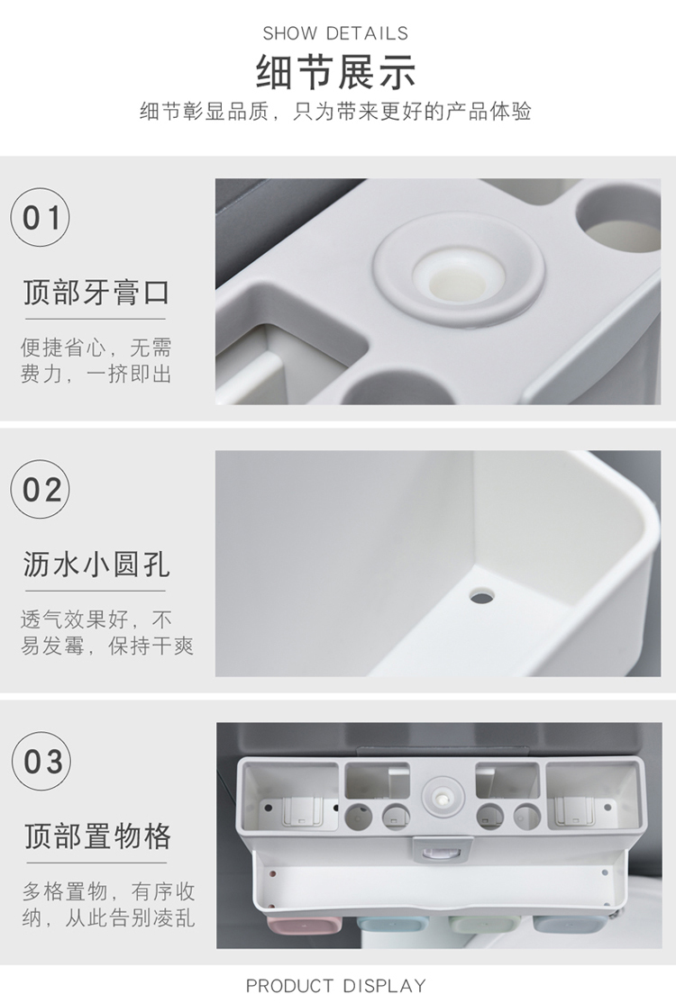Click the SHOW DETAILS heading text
coord(335,33)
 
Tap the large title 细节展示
coord(336,72)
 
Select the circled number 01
coord(41,218)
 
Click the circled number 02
coord(41,490)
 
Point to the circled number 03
coord(41,761)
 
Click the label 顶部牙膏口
coord(96,293)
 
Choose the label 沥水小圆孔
coord(96,565)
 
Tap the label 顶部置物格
coord(98,836)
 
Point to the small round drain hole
coord(481,598)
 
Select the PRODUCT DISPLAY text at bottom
coord(335,985)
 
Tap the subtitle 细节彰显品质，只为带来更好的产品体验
coord(336,112)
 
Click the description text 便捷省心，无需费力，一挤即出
coord(96,361)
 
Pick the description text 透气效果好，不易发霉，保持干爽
coord(107,632)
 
